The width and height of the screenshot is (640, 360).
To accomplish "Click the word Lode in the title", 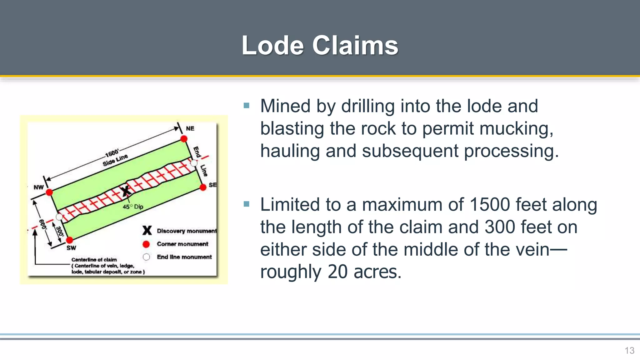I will pyautogui.click(x=272, y=46).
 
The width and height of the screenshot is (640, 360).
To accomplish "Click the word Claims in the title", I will pyautogui.click(x=355, y=46).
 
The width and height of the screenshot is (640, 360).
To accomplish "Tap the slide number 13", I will pyautogui.click(x=629, y=351).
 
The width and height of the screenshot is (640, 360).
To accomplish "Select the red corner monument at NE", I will pyautogui.click(x=184, y=138).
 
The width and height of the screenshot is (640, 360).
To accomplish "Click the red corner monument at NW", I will pyautogui.click(x=49, y=192).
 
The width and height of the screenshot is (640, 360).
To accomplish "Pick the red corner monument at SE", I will pyautogui.click(x=203, y=187).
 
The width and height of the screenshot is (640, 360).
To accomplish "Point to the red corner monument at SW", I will pyautogui.click(x=69, y=240).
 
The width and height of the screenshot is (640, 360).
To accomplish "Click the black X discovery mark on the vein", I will pyautogui.click(x=126, y=191).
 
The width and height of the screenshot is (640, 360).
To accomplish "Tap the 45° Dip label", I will pyautogui.click(x=133, y=207).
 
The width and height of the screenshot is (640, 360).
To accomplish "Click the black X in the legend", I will pyautogui.click(x=147, y=231).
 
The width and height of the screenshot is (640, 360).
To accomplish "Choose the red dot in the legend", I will pyautogui.click(x=146, y=244).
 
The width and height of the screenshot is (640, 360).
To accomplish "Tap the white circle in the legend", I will pyautogui.click(x=146, y=257).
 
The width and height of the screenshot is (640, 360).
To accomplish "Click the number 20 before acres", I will pyautogui.click(x=337, y=272).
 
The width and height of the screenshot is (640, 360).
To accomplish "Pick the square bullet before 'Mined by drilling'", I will pyautogui.click(x=247, y=106).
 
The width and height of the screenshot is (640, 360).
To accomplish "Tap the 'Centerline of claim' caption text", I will pyautogui.click(x=94, y=260).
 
